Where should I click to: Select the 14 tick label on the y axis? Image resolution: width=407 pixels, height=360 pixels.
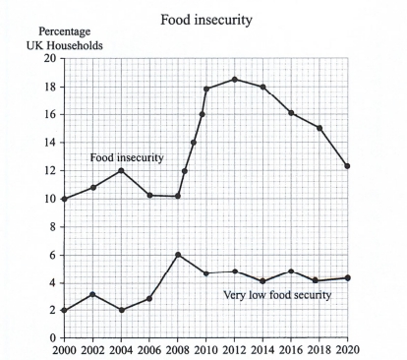49,143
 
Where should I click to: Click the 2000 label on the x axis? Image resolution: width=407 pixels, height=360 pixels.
64,349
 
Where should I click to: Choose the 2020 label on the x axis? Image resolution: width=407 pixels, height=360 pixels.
347,349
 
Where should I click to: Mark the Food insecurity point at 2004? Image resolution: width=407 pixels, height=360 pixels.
121,170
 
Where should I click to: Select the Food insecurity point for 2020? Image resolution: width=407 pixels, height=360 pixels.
347,166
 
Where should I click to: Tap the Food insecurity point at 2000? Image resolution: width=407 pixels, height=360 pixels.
64,199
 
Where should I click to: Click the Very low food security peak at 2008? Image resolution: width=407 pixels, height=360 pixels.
178,255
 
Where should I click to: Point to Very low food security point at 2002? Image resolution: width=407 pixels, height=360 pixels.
92,294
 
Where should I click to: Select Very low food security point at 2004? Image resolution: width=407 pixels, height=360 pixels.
121,310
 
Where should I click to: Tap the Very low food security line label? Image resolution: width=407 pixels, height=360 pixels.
277,295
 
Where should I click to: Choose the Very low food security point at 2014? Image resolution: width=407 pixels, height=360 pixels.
262,281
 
